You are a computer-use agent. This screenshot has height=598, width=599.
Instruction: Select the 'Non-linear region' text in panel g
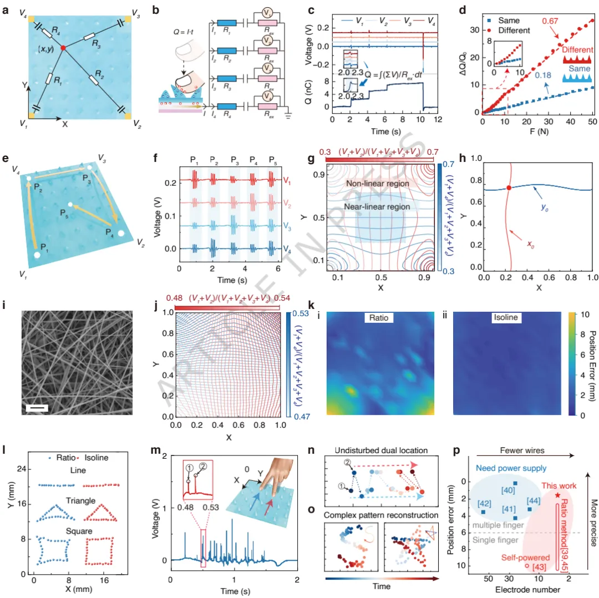click(x=377, y=183)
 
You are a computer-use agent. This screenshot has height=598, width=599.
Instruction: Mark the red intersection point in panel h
click(x=509, y=188)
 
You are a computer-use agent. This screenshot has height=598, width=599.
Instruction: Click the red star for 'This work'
click(x=557, y=479)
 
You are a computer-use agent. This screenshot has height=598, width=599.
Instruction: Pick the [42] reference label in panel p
click(x=484, y=503)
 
